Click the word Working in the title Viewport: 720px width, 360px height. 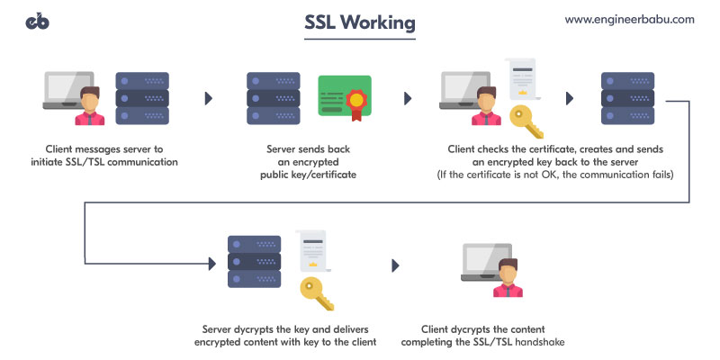pos(387,25)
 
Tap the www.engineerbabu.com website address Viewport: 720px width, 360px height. pos(630,19)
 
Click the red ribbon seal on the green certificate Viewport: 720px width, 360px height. pos(357,100)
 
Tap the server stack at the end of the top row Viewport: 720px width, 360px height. pos(626,98)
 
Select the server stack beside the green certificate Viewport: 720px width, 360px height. pos(273,98)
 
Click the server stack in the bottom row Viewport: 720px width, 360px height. pos(254,263)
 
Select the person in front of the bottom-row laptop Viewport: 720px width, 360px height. pos(507,276)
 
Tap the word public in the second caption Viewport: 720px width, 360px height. pos(275,175)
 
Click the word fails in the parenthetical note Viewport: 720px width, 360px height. pos(659,174)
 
